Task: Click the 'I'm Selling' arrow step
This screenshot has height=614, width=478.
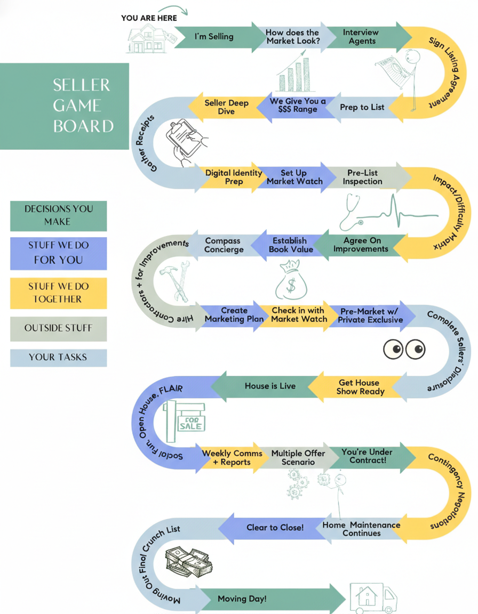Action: (213, 37)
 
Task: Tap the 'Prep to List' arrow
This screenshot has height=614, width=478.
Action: (362, 107)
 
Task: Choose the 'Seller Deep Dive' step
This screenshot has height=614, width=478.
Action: (226, 107)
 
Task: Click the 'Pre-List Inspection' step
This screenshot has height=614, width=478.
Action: (362, 177)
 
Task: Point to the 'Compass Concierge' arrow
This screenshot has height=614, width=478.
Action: (224, 245)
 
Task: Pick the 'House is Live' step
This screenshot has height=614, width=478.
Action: (270, 386)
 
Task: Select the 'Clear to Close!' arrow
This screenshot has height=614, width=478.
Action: (275, 527)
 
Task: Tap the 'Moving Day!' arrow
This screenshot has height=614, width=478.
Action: (242, 599)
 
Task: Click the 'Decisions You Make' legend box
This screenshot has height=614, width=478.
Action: (58, 215)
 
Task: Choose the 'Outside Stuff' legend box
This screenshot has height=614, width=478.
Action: (58, 328)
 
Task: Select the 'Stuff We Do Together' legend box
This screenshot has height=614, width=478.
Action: (58, 293)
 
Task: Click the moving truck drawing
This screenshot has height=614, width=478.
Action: (373, 598)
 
